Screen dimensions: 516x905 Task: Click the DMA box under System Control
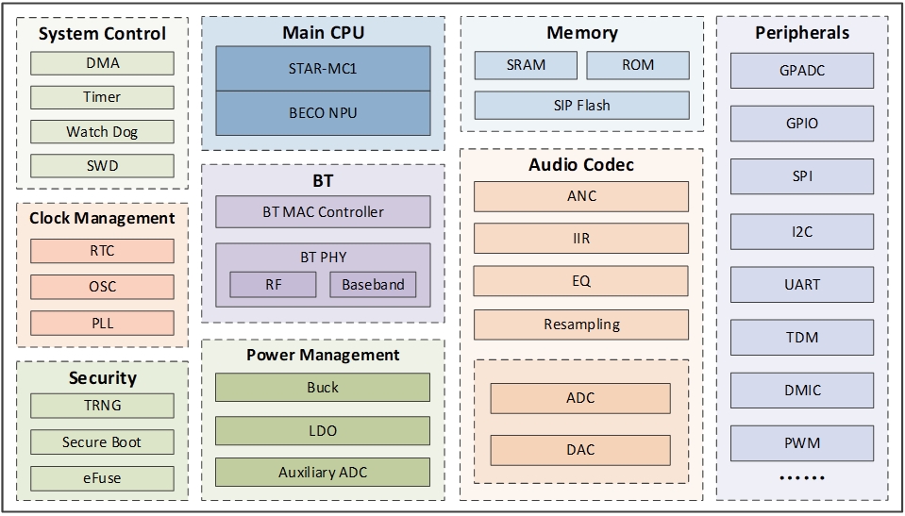click(x=102, y=63)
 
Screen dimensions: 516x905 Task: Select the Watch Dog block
click(x=102, y=132)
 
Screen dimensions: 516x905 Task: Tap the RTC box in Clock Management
click(x=102, y=251)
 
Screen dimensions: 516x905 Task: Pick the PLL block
click(x=102, y=323)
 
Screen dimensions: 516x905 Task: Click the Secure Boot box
click(x=102, y=441)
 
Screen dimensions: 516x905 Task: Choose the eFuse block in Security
click(x=102, y=477)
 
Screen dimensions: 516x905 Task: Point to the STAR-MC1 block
click(x=323, y=69)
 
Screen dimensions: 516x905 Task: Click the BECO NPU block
click(x=323, y=112)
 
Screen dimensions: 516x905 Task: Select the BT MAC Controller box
click(x=323, y=212)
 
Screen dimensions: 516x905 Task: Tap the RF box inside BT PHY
click(x=273, y=284)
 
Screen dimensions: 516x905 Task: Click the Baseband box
click(x=373, y=284)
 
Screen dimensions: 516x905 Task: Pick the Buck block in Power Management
click(x=323, y=388)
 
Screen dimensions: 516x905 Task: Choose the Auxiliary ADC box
click(x=323, y=472)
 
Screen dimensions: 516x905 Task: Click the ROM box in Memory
click(x=638, y=65)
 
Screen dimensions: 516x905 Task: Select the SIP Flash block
click(x=581, y=105)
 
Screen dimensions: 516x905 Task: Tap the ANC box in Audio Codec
click(x=581, y=196)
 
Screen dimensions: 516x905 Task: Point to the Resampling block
click(x=581, y=325)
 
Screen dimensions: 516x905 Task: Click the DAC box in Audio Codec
click(x=580, y=450)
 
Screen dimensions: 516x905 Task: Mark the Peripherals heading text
click(x=802, y=33)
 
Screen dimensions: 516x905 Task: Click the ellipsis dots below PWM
click(x=801, y=478)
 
